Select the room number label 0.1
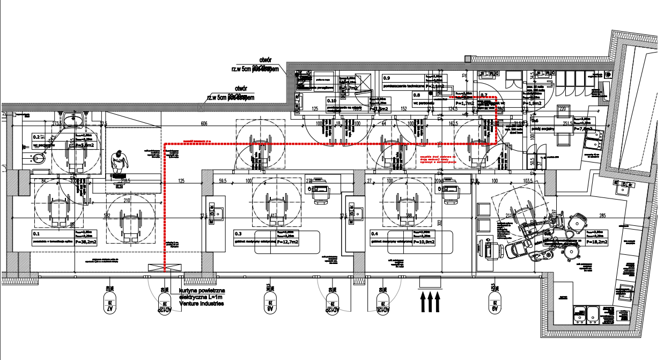coord(36,234)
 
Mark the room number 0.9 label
coord(387,78)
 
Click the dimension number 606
coord(204,124)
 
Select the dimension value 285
coord(602,216)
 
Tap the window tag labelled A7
coord(110,302)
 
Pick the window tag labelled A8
coord(268,302)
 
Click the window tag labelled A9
coord(493,302)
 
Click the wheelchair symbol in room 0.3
coord(277,207)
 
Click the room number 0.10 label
coord(331,100)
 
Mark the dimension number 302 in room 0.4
coord(439,222)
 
